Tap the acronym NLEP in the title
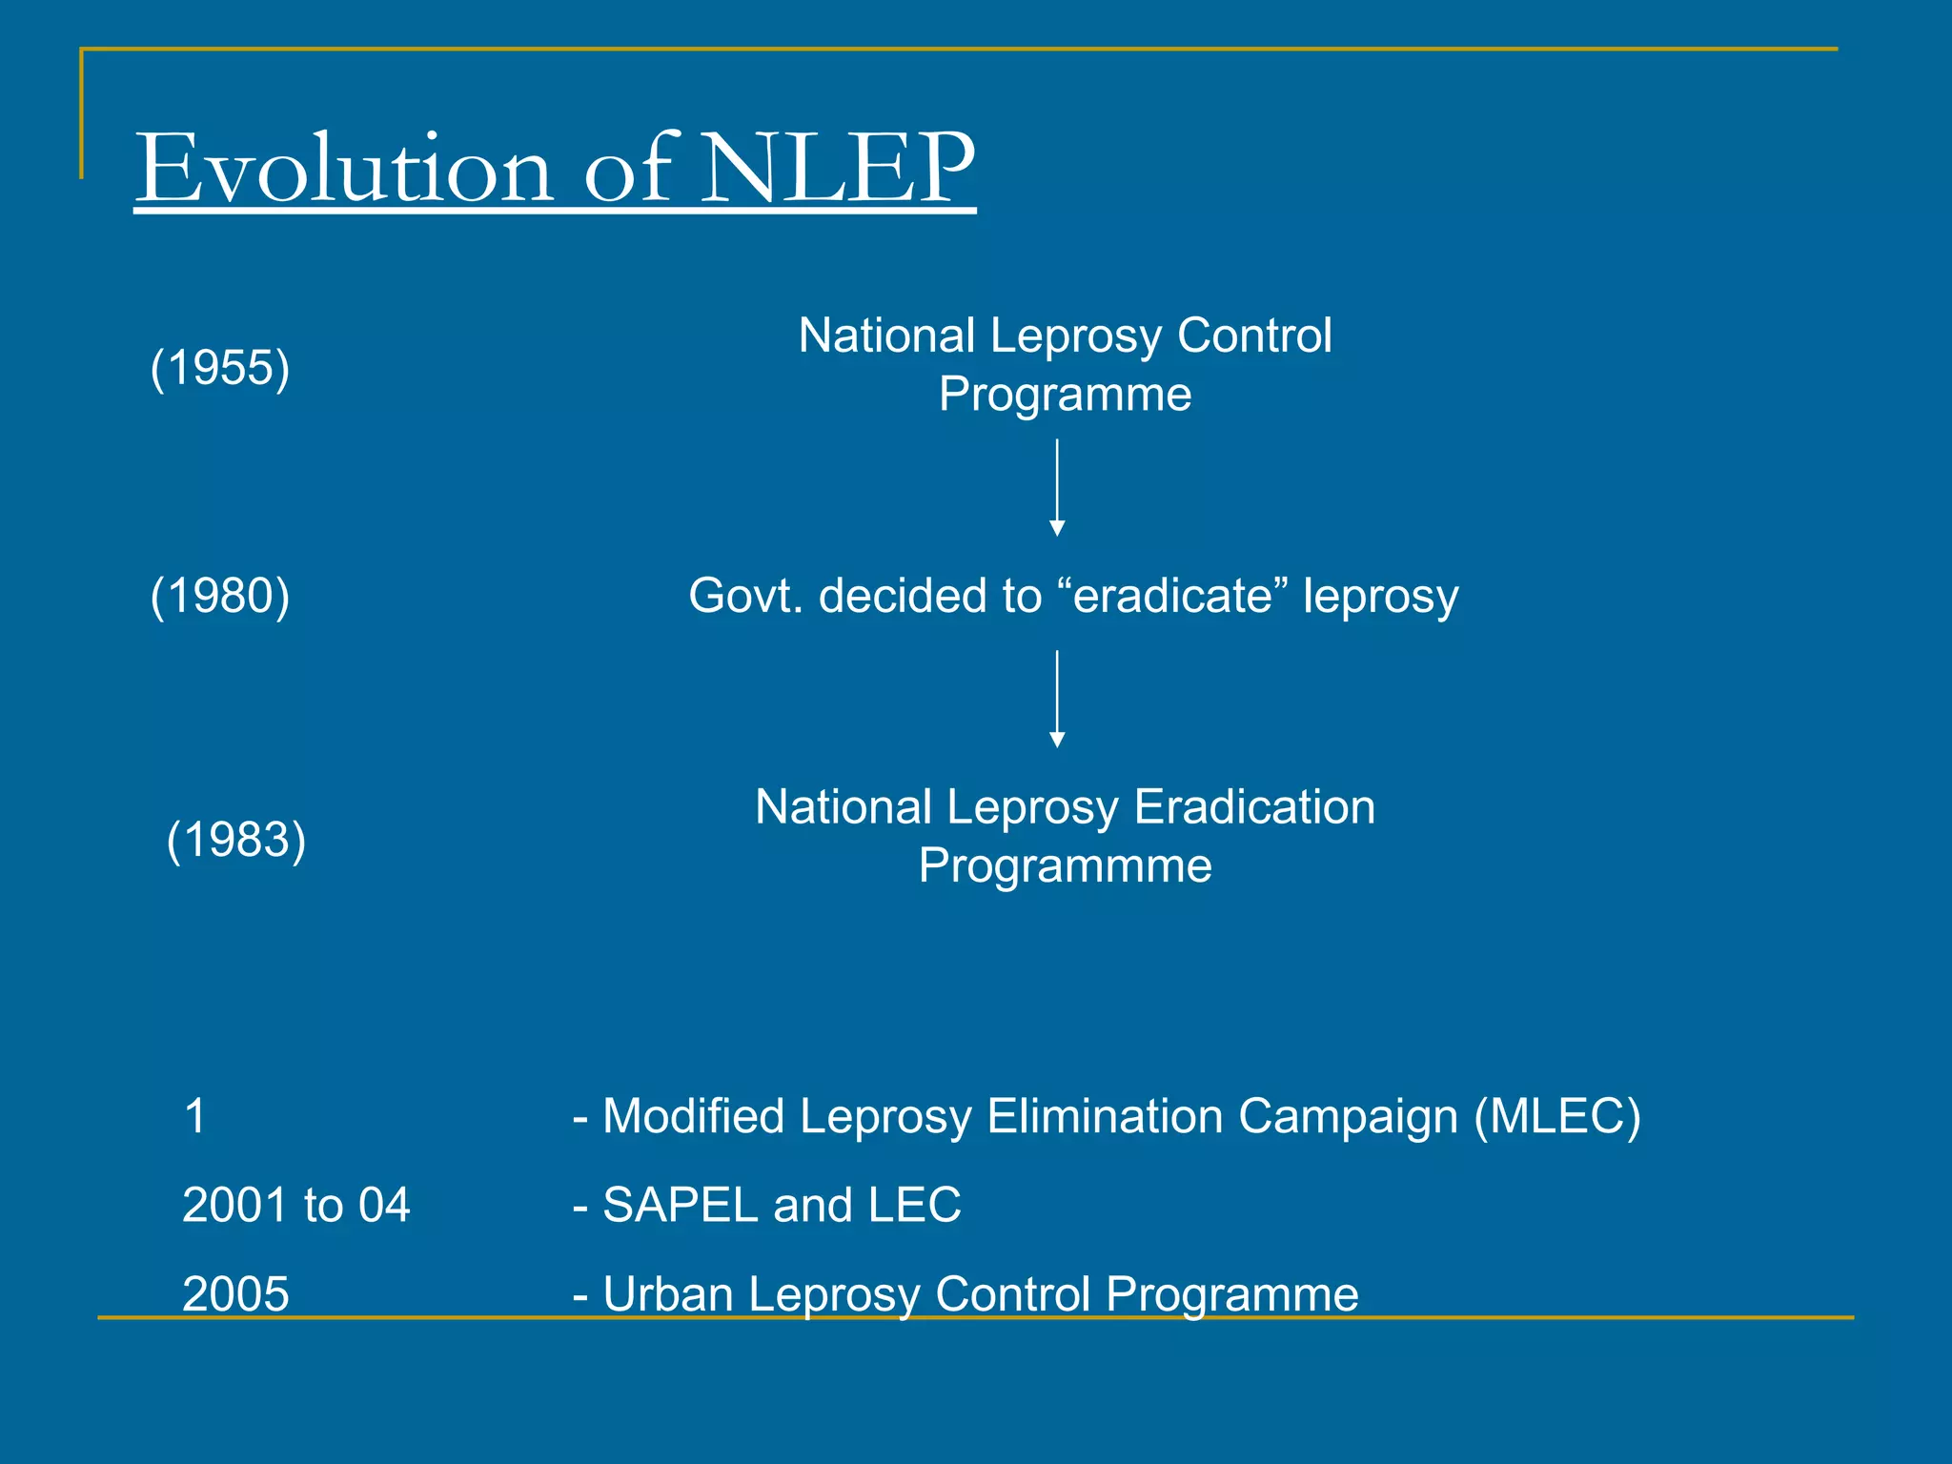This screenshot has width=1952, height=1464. (x=839, y=170)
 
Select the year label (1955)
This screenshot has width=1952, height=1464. (x=220, y=368)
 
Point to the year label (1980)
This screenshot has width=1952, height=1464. (x=220, y=596)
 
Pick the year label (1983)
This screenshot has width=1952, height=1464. (x=236, y=840)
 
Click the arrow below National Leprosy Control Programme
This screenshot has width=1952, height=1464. (x=1057, y=487)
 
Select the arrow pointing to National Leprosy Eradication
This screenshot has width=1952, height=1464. (x=1057, y=699)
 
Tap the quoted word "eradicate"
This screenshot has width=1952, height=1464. (x=1172, y=596)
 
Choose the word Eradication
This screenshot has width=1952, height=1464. (x=1254, y=807)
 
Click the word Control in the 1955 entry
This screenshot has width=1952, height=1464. (x=1254, y=335)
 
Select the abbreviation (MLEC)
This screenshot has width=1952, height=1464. (x=1556, y=1116)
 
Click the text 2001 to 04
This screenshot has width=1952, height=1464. (x=295, y=1205)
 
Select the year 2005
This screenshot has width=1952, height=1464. (x=235, y=1294)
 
